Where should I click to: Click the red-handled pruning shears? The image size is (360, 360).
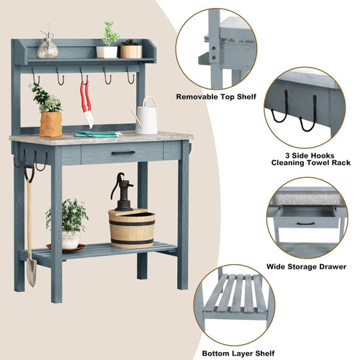tap(86, 103)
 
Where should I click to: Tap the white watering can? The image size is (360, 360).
tap(145, 117)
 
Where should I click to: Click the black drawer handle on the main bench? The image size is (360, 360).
tap(123, 153)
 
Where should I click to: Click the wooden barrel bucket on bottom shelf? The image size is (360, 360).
tap(132, 228)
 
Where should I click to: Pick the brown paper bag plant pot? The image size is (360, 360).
tap(51, 124)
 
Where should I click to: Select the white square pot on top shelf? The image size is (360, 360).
tap(107, 52)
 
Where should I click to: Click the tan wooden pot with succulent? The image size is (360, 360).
tap(131, 51)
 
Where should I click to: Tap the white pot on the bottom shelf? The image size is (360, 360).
tap(71, 240)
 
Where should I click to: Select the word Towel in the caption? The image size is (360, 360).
tap(317, 163)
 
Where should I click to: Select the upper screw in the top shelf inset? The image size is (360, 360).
tap(214, 48)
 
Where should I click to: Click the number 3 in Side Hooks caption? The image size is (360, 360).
tap(287, 156)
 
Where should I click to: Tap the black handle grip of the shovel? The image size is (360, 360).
tap(30, 172)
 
